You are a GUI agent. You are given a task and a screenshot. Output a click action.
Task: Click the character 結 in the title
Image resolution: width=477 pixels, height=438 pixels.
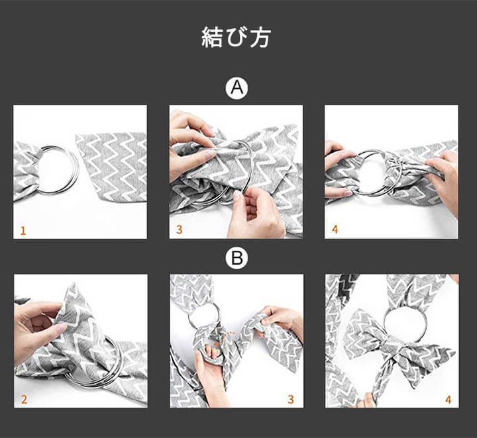[x=213, y=37]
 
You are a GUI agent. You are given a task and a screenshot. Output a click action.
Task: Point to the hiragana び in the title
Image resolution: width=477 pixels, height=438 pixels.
[x=237, y=37]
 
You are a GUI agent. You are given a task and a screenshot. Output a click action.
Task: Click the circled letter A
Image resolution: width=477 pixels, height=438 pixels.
[x=237, y=88]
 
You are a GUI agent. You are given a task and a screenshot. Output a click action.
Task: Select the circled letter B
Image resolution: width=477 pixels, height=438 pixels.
[x=237, y=258]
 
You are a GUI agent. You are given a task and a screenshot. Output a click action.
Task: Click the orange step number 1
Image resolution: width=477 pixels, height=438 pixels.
[x=23, y=231]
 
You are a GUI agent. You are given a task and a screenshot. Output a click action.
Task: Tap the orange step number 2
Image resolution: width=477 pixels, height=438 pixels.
[x=24, y=400]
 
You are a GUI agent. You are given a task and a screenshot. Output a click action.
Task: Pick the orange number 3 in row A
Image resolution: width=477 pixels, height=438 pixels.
[x=179, y=230]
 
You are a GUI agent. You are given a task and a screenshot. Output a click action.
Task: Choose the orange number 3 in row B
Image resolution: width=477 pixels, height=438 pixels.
[x=291, y=400]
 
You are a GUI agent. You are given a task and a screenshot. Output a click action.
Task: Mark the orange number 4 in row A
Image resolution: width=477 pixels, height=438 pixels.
[x=335, y=230]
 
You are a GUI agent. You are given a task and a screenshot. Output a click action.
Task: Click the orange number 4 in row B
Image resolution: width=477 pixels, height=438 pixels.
[x=448, y=400]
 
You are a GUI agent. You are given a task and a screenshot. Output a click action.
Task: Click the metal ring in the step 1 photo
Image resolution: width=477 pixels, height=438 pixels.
[x=74, y=170]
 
